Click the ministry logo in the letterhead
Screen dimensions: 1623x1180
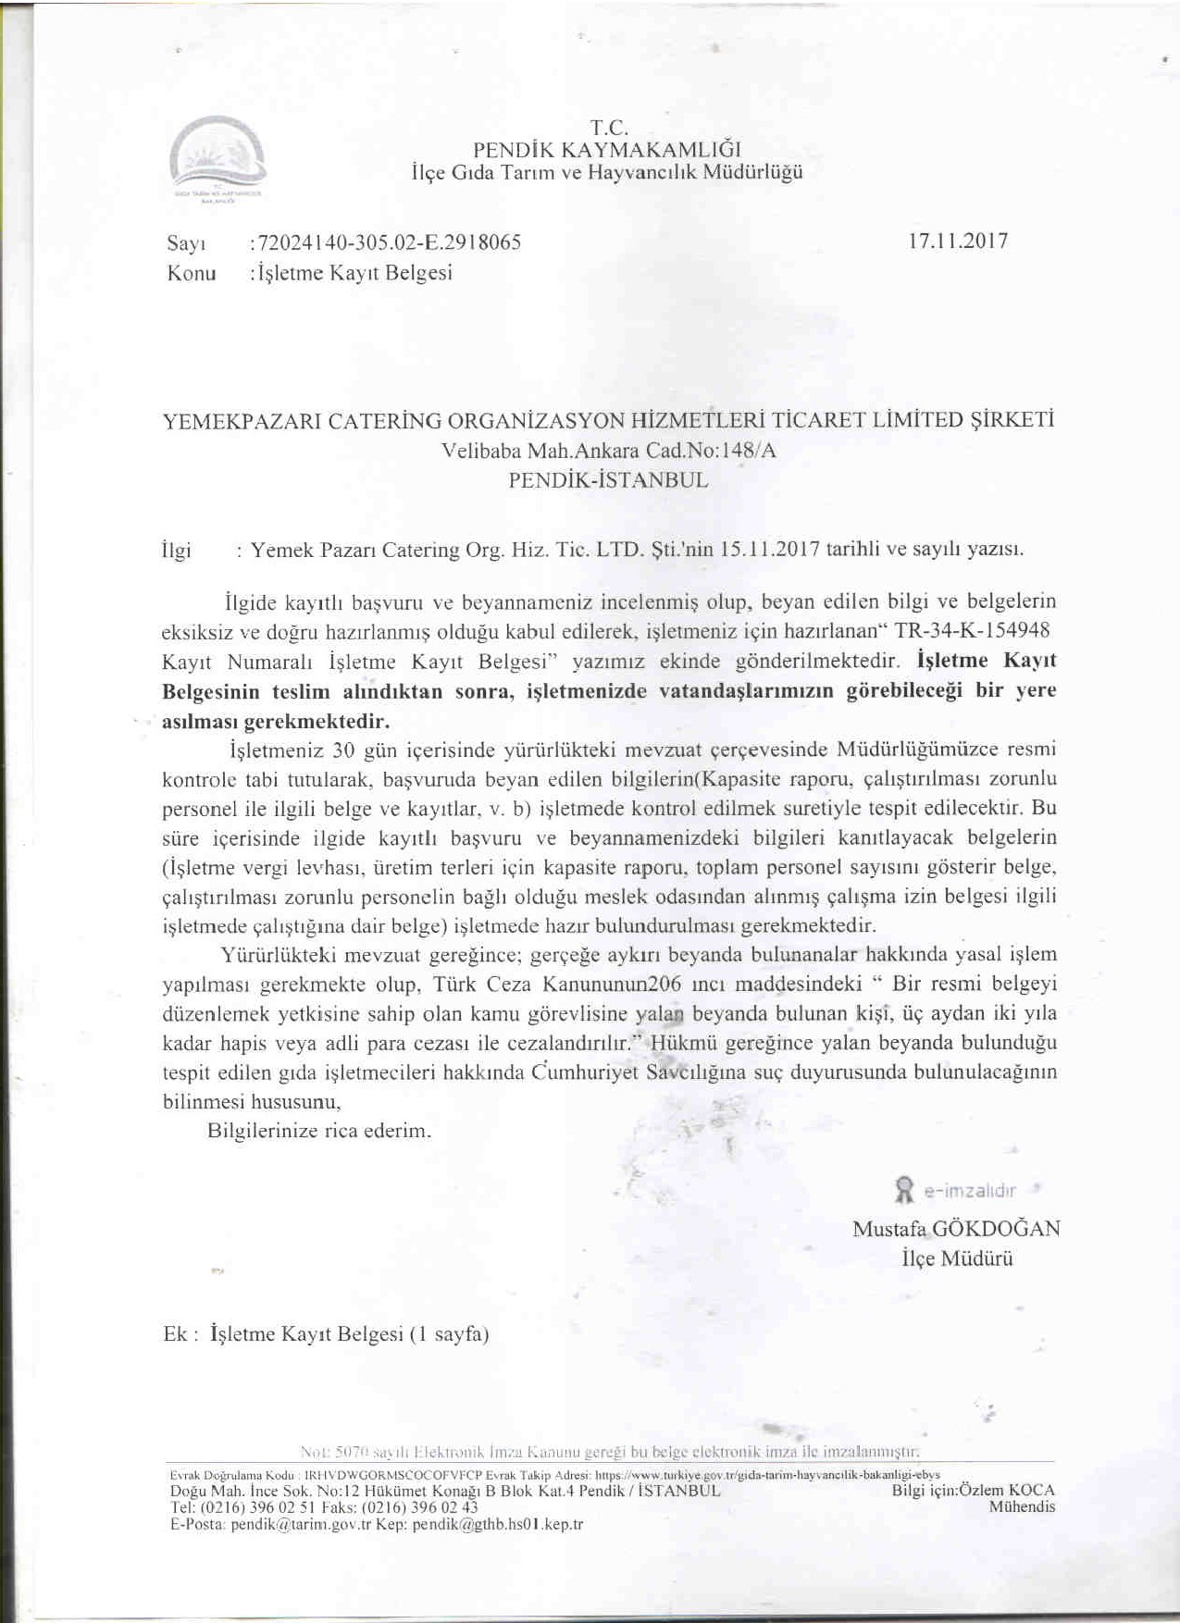click(x=218, y=158)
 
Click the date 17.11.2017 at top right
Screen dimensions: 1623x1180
click(x=958, y=242)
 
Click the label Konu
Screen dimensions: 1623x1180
click(x=192, y=274)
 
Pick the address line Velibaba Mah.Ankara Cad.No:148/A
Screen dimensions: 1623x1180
click(x=609, y=452)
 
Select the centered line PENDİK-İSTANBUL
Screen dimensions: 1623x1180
click(x=609, y=481)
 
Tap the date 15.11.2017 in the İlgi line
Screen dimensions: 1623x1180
click(x=770, y=549)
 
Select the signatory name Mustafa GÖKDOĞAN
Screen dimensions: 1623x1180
click(x=956, y=1230)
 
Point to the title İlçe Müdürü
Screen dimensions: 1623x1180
click(x=957, y=1258)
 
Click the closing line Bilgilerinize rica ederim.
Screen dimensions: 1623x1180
click(x=319, y=1131)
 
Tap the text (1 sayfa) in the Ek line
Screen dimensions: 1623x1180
click(x=449, y=1334)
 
